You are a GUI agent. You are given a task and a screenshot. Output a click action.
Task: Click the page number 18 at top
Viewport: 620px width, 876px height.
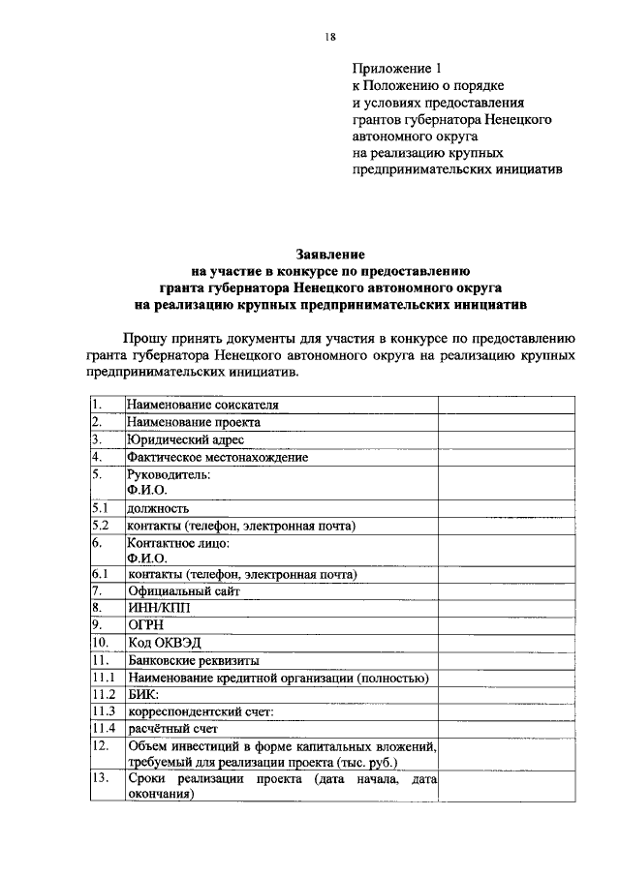[330, 36]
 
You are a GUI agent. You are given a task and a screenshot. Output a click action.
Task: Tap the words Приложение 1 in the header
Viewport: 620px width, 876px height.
[396, 69]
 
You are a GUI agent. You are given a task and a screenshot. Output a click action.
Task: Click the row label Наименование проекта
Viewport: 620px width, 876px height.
[194, 422]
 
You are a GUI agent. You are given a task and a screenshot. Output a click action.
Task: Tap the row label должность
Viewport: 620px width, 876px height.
[157, 507]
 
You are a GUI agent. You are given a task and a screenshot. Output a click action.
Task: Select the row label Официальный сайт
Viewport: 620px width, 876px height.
[183, 590]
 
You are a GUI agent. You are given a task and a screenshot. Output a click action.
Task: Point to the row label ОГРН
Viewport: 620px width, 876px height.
[146, 625]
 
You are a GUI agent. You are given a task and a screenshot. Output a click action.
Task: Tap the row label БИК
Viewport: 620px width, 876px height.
[141, 694]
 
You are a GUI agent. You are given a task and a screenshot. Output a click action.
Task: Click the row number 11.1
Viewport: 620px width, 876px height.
[104, 678]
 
